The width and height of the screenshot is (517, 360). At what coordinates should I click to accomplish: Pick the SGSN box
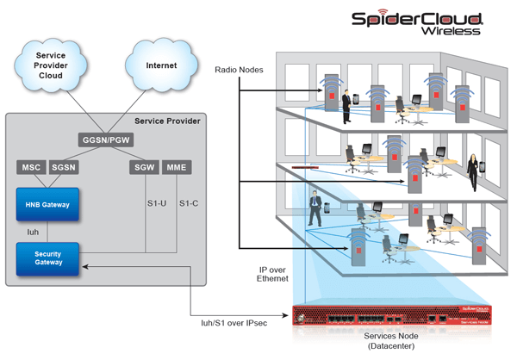click(x=63, y=166)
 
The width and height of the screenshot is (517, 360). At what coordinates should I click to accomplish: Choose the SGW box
click(x=143, y=166)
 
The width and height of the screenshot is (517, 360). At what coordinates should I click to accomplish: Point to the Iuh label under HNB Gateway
click(x=32, y=232)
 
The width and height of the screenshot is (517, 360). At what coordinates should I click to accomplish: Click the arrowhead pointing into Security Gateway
click(x=86, y=268)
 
